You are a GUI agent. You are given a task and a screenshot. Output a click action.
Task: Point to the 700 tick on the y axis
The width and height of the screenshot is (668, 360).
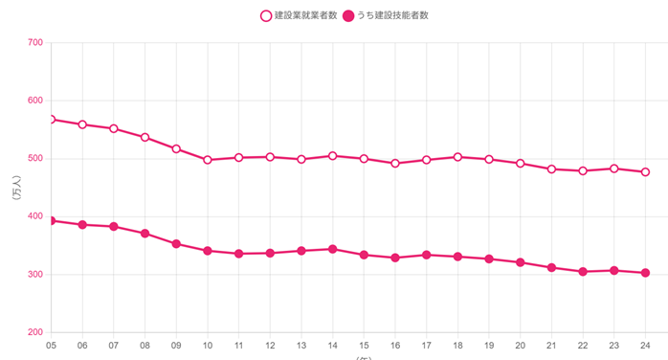click(34, 42)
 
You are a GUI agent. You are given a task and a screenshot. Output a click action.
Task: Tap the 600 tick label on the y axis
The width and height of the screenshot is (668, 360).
click(34, 101)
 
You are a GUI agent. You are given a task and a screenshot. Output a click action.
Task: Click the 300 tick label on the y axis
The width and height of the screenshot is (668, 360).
click(34, 275)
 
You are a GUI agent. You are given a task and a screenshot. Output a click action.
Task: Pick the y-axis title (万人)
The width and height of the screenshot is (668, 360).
click(16, 188)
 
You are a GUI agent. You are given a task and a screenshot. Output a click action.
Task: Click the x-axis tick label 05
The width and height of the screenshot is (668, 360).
click(51, 346)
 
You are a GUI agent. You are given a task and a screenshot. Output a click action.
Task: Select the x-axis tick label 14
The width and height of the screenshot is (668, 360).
click(332, 346)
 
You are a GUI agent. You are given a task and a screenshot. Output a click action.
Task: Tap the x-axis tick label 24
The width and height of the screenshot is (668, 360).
click(645, 346)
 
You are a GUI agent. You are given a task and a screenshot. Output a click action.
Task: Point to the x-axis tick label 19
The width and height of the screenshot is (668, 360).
click(489, 346)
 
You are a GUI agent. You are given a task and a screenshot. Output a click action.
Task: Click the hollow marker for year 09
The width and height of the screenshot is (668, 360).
click(176, 149)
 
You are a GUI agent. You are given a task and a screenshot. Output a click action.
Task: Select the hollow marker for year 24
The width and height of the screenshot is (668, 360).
click(645, 172)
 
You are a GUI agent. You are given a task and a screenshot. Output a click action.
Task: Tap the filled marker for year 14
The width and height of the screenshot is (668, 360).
click(332, 249)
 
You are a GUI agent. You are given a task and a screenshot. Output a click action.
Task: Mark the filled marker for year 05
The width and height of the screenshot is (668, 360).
click(51, 220)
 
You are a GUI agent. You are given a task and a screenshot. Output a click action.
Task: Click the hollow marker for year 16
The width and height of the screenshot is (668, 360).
click(395, 164)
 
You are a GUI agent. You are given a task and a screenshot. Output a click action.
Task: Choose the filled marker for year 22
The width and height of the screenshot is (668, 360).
click(583, 272)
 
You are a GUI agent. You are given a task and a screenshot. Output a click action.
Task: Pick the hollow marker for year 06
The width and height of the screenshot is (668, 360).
click(82, 124)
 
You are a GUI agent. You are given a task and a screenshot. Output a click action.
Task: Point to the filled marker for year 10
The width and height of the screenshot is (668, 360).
click(208, 251)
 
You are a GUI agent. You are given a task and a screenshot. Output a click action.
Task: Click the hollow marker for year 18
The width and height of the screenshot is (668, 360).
click(457, 157)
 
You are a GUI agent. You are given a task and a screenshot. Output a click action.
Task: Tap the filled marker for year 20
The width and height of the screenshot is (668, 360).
click(520, 262)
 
